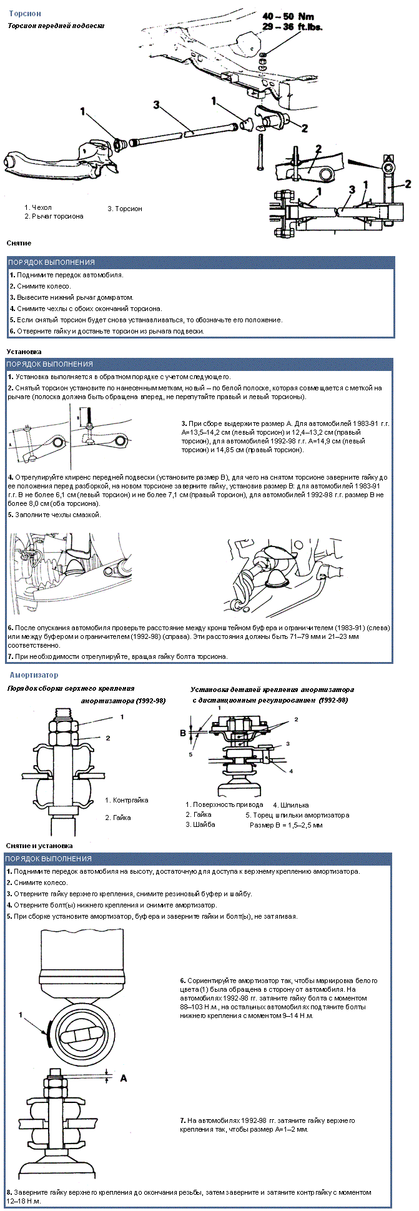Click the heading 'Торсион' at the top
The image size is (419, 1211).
coord(25,13)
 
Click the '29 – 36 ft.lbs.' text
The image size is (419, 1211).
coord(292,27)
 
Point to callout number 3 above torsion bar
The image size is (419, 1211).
coord(157,105)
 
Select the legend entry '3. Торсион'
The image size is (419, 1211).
coord(125,209)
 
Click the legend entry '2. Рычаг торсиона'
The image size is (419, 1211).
coord(54,216)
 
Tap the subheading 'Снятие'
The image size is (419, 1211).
coord(19,243)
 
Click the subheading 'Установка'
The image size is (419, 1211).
coord(24,352)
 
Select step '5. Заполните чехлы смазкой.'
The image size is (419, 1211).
coord(54,515)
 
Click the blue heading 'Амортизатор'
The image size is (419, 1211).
coord(34,675)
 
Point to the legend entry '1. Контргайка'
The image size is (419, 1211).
coord(127,800)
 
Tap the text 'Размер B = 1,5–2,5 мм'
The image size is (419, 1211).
coord(286,825)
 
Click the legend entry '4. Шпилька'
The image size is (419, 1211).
coord(291,805)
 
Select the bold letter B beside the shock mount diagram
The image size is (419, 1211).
coord(183,733)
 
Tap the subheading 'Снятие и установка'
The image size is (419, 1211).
coord(39,846)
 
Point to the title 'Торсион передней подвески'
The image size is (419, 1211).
coord(56,26)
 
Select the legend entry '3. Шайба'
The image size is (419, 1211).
coord(200,824)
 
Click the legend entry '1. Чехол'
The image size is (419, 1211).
coord(38,207)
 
